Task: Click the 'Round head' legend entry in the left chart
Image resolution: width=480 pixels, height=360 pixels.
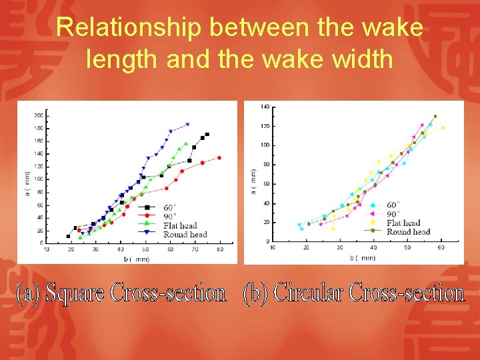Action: (184, 233)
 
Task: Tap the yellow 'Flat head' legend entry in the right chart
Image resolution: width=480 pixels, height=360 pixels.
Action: (403, 223)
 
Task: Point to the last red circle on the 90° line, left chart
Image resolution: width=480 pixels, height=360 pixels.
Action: (219, 158)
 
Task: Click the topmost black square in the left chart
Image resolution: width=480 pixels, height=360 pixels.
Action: (207, 135)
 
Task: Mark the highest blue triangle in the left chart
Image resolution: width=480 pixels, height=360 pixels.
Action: (187, 125)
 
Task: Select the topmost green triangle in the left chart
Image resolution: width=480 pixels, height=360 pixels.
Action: (186, 143)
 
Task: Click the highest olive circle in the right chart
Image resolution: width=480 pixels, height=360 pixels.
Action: (435, 116)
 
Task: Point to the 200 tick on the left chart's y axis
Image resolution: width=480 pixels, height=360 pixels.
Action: (38, 115)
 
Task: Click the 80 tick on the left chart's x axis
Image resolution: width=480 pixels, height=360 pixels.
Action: (219, 249)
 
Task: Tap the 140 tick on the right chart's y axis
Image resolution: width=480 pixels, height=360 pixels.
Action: (265, 107)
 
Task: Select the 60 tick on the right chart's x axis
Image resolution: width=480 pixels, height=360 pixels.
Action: (441, 247)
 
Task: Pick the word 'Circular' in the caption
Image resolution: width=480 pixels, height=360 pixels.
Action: (311, 293)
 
